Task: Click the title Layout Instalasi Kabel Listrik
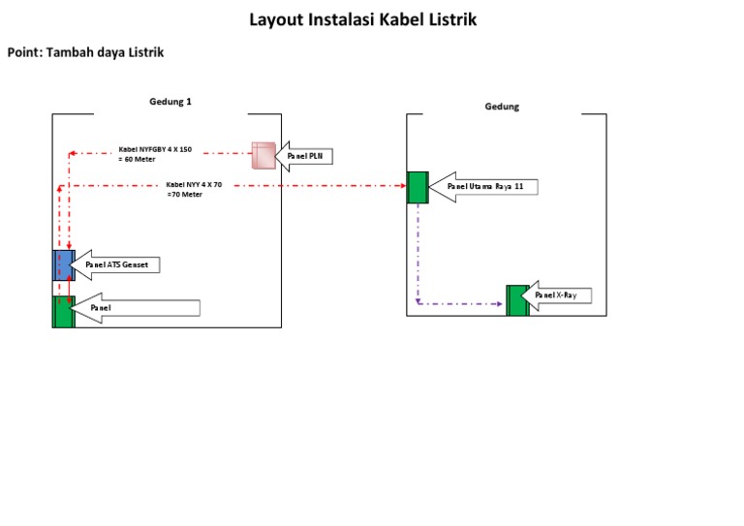[x=362, y=19]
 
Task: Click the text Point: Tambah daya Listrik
[x=85, y=52]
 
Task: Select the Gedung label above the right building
[x=502, y=107]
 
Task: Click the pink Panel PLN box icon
[x=263, y=155]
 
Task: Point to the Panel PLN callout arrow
[x=305, y=155]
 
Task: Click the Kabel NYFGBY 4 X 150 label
[x=155, y=149]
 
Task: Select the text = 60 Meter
[x=137, y=160]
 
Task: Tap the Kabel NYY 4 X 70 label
[x=194, y=184]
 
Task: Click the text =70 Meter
[x=184, y=195]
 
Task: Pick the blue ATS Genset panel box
[x=63, y=264]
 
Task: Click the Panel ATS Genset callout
[x=116, y=264]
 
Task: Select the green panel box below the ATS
[x=63, y=312]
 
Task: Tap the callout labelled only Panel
[x=136, y=308]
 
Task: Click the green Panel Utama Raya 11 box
[x=418, y=186]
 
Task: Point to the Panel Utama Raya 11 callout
[x=484, y=186]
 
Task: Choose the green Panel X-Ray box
[x=517, y=300]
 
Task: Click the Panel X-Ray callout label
[x=557, y=294]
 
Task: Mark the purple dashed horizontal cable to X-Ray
[x=459, y=304]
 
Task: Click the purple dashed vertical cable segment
[x=418, y=252]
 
